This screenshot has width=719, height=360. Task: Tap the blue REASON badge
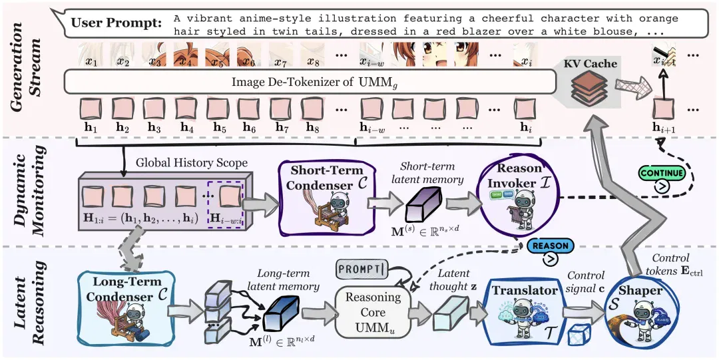pyautogui.click(x=550, y=245)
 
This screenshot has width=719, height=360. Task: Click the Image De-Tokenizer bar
pyautogui.click(x=311, y=83)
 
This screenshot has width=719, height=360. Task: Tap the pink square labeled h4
pyautogui.click(x=187, y=110)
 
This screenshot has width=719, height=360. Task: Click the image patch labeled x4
pyautogui.click(x=186, y=55)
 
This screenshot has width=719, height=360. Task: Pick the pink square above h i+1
pyautogui.click(x=664, y=110)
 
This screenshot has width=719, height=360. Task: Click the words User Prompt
pyautogui.click(x=117, y=22)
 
